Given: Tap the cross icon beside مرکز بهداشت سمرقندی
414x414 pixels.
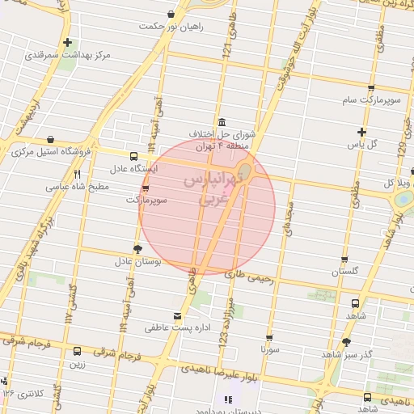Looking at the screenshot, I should click(67, 43).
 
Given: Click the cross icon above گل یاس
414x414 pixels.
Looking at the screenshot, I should click(362, 132).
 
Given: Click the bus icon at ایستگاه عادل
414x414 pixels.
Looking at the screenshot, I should click(133, 157).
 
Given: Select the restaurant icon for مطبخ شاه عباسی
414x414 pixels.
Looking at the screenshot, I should click(77, 173).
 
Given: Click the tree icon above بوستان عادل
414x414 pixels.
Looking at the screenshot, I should click(137, 249).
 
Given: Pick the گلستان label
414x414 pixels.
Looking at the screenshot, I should click(344, 272).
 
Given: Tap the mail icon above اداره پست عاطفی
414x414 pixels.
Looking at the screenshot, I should click(178, 316).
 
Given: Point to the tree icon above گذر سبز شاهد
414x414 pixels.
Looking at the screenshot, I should click(347, 343).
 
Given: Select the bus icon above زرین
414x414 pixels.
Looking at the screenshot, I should click(77, 352).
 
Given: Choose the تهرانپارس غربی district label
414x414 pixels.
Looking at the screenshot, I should click(207, 187).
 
